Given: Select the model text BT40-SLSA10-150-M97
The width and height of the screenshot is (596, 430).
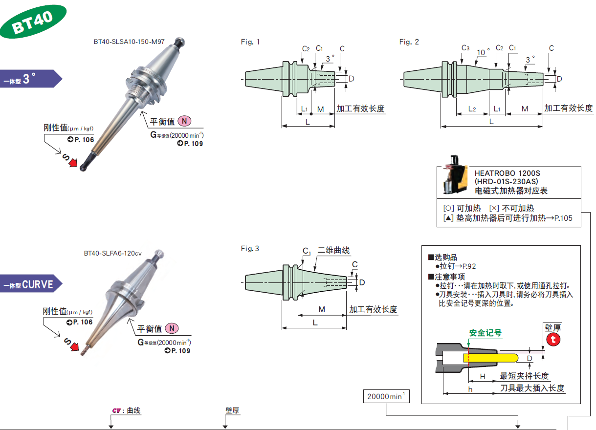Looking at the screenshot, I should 129,42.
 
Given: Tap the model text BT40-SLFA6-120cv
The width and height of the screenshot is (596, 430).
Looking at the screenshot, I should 112,253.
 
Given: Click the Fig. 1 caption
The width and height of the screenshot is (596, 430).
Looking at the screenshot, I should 250,42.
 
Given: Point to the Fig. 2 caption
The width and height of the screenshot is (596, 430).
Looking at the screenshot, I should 409,42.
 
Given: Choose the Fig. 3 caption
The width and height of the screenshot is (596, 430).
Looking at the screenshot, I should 250,249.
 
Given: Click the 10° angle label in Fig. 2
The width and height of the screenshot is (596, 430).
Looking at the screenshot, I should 483,52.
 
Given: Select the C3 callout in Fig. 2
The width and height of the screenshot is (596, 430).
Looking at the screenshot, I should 465,48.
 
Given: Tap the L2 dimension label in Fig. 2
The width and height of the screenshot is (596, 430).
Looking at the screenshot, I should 472,108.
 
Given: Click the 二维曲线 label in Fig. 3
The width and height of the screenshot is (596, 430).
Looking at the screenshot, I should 333,250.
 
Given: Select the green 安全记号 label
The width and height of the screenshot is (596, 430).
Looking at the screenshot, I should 485,333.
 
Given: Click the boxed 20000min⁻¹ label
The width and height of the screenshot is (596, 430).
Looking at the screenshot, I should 386,396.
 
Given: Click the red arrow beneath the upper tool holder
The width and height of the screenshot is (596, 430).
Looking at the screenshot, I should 73,162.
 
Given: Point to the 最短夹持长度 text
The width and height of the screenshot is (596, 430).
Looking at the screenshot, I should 524,376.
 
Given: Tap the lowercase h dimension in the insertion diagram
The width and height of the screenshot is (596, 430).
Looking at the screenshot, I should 470,388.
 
